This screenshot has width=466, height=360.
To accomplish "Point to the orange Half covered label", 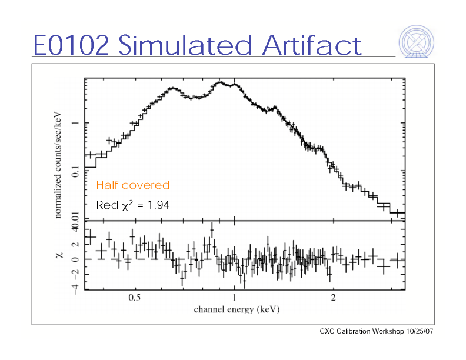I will (x=132, y=185).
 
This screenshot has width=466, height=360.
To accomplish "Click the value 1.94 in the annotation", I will (x=157, y=206).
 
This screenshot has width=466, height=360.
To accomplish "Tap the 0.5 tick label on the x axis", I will (x=135, y=298).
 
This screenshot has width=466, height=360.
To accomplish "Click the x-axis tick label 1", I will (x=234, y=298).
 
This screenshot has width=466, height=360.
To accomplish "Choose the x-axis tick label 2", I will (x=333, y=298).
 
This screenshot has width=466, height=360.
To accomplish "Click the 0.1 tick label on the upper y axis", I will (x=75, y=172).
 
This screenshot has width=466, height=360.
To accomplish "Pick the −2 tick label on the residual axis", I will (x=75, y=274).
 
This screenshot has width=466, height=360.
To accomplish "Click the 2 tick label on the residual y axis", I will (x=75, y=245).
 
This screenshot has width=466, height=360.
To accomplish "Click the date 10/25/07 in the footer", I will (x=420, y=332).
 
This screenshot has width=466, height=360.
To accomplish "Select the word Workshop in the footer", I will (x=388, y=332).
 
